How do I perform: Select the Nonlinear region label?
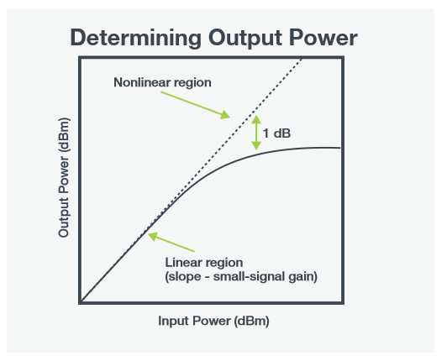162,83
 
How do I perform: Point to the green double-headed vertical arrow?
256,133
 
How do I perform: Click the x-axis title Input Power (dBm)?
213,321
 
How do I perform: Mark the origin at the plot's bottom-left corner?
81,301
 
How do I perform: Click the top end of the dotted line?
302,59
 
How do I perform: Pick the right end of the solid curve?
339,148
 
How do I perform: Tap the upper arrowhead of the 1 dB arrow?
256,118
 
